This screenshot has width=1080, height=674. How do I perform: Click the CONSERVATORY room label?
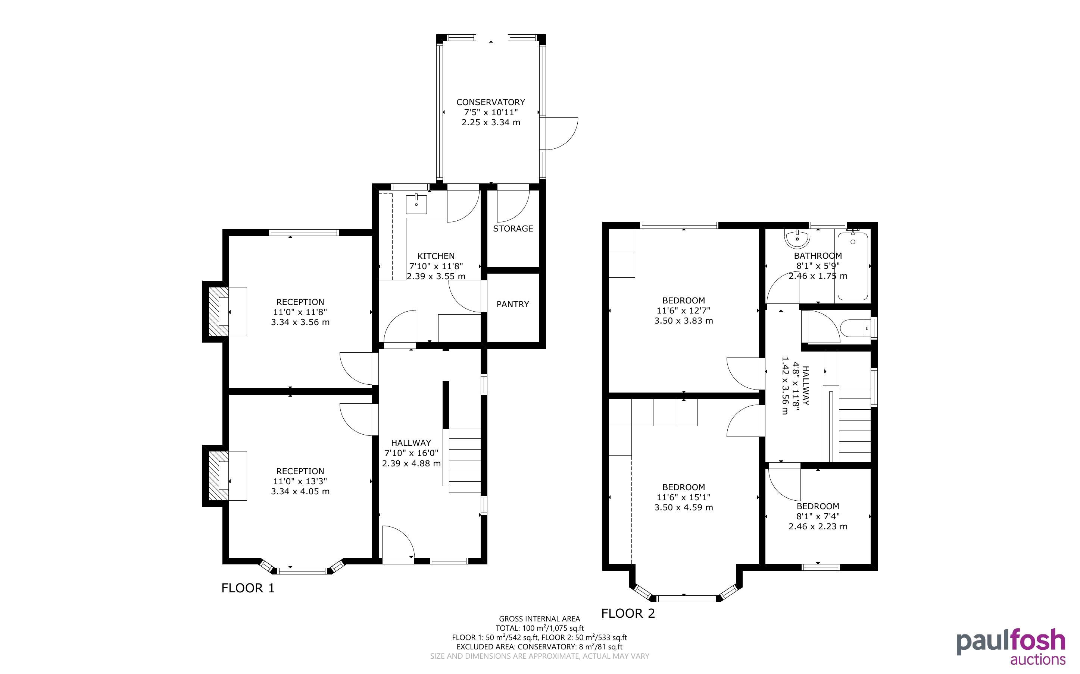491,102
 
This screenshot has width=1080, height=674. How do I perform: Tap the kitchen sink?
416,204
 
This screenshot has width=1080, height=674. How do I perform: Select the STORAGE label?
513,229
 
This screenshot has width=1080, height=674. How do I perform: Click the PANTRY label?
512,304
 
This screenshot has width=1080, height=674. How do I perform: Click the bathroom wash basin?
797,239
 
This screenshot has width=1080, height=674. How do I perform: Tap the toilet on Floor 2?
855,328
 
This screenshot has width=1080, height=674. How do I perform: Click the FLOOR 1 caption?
248,588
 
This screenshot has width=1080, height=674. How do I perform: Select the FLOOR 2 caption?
628,613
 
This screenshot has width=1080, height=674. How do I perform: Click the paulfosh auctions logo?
1011,647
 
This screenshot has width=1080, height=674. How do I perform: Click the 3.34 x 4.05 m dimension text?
300,491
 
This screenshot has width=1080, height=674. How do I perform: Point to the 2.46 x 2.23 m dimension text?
818,526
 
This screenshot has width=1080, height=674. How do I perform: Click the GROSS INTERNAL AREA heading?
539,619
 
